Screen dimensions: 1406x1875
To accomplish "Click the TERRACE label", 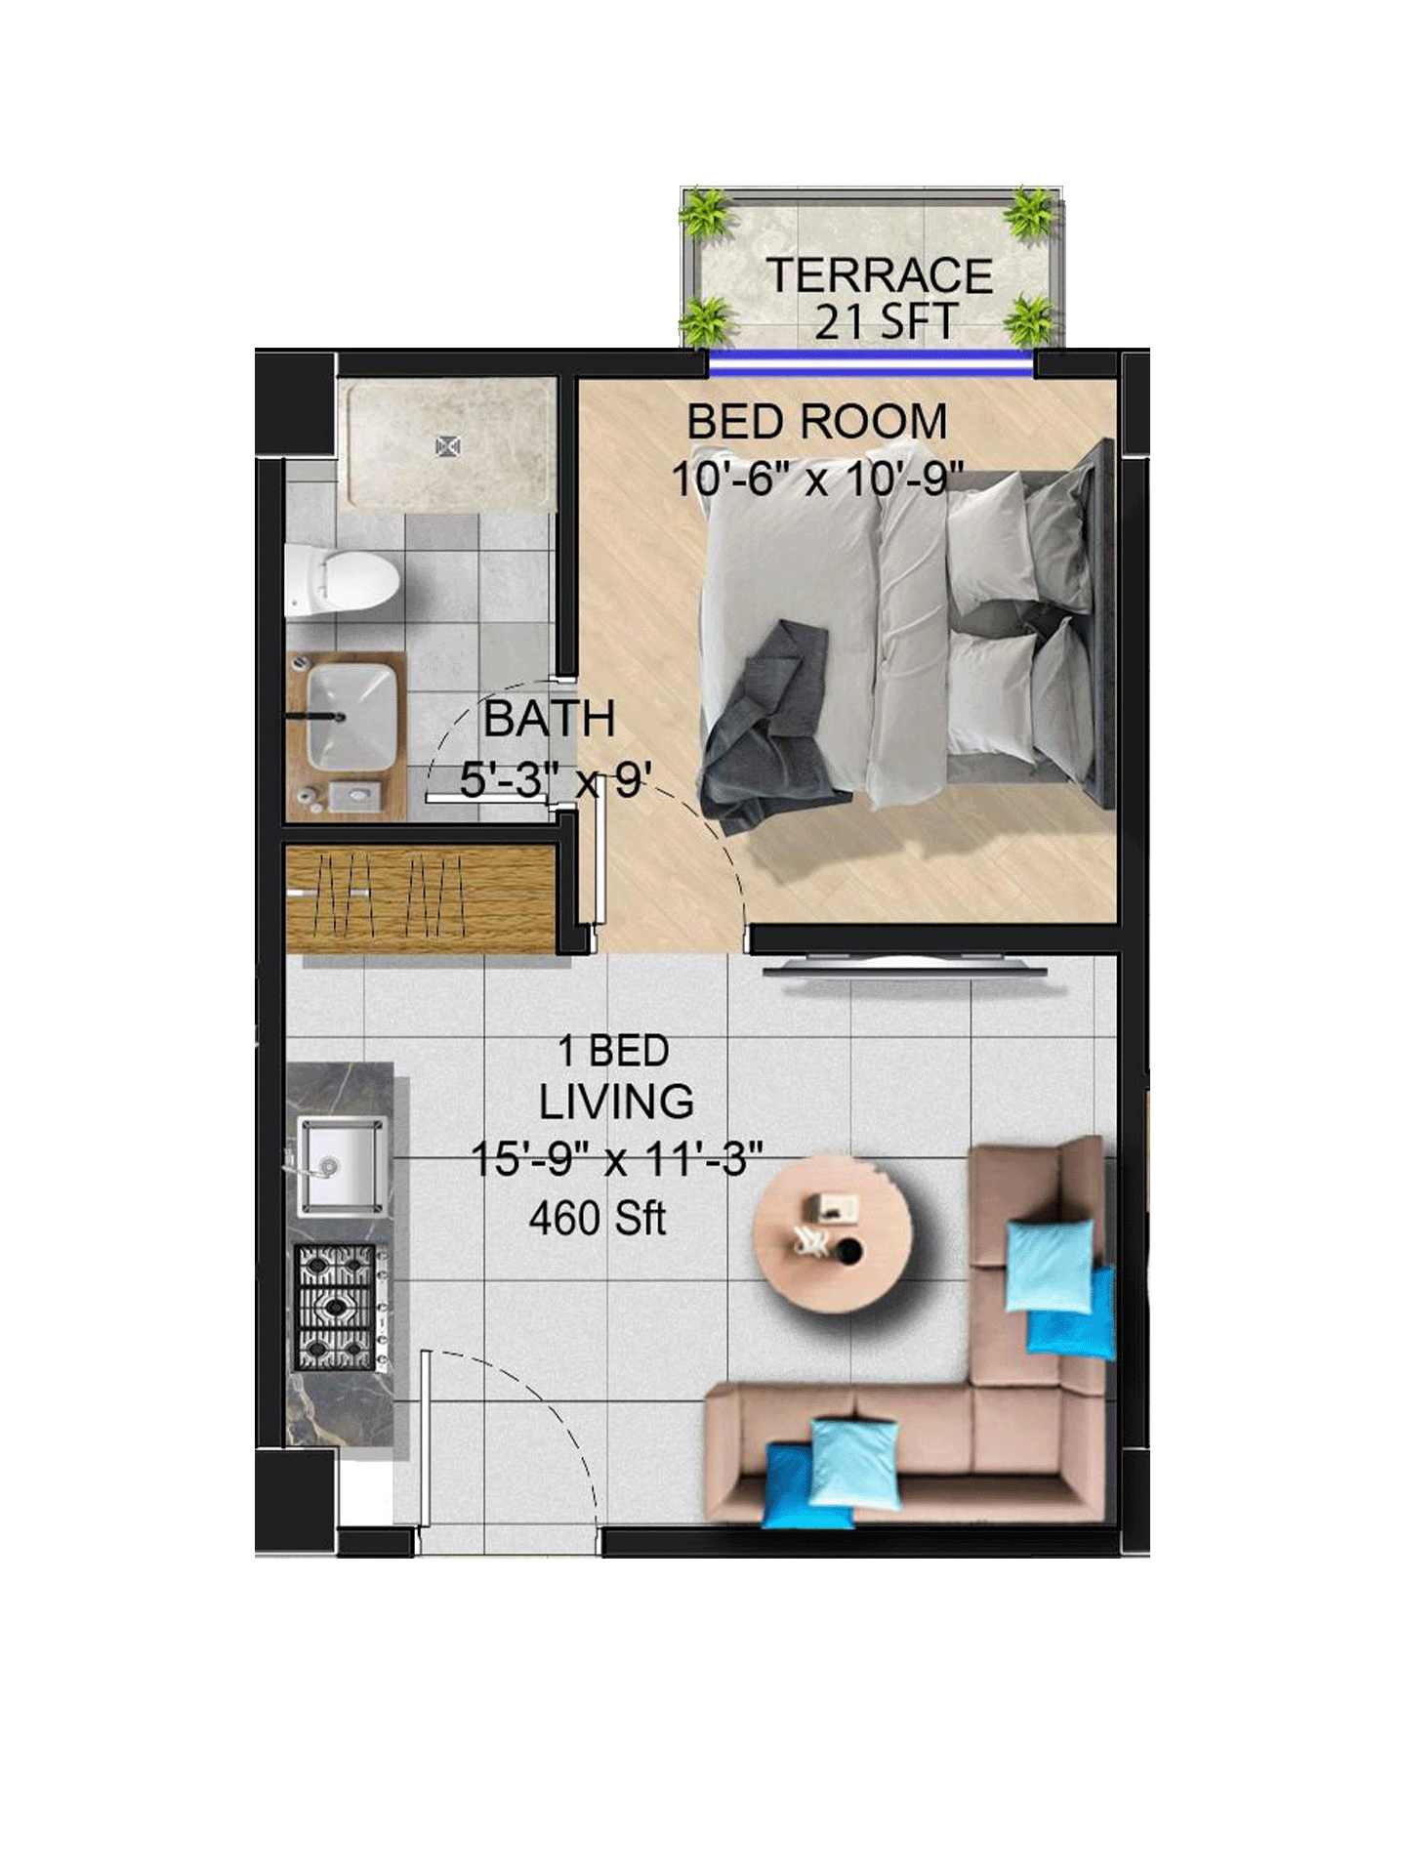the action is click(880, 275).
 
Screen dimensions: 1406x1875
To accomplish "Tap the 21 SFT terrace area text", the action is click(886, 322).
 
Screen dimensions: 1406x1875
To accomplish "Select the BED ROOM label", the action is click(817, 422).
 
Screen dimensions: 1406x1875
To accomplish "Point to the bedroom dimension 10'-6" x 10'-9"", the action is click(817, 479).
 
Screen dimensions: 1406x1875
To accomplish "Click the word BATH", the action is click(550, 720).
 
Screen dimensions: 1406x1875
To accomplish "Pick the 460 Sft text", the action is click(598, 1218).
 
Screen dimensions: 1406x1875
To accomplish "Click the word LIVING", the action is click(617, 1102).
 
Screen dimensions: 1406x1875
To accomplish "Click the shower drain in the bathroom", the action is click(448, 446).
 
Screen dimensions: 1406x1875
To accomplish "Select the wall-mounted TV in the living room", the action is click(904, 970).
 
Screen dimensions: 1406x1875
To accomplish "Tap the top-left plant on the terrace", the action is click(706, 213).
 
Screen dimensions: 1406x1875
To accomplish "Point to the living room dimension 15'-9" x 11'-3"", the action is click(616, 1160).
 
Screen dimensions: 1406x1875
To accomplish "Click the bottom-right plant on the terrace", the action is click(1030, 319).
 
